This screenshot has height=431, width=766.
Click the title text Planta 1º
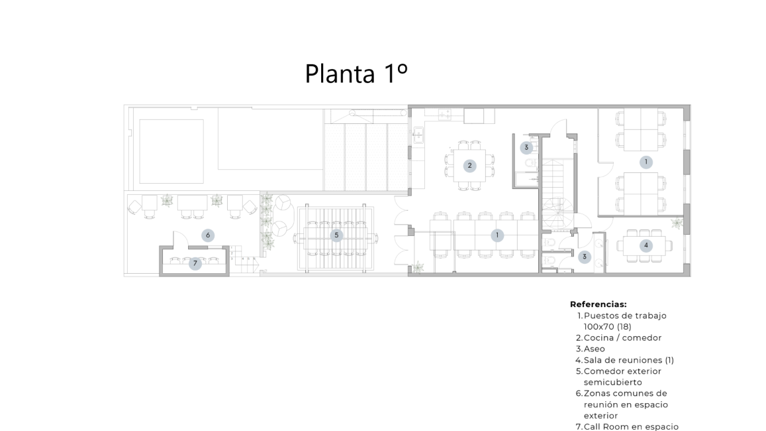(x=356, y=74)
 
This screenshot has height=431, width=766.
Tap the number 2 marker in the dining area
(x=469, y=165)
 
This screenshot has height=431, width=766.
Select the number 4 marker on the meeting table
(x=646, y=245)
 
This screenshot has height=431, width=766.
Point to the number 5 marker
(x=336, y=235)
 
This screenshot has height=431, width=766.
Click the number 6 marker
(x=208, y=235)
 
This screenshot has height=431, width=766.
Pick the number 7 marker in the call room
(x=195, y=264)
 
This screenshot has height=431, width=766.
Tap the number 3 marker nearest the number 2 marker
(x=526, y=147)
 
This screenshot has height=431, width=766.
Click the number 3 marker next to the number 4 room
(x=585, y=257)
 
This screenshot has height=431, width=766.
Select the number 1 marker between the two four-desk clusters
(x=646, y=162)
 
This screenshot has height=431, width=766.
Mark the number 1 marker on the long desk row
(x=497, y=235)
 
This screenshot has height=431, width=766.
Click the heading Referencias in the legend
(x=598, y=304)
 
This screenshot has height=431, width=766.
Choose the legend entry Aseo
(x=595, y=349)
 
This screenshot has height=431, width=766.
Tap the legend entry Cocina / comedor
(x=622, y=338)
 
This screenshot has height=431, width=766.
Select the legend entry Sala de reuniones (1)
(x=629, y=360)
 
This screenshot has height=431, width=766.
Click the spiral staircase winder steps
(x=557, y=213)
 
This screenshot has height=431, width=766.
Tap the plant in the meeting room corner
(x=677, y=223)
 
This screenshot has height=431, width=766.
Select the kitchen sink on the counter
(x=418, y=135)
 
